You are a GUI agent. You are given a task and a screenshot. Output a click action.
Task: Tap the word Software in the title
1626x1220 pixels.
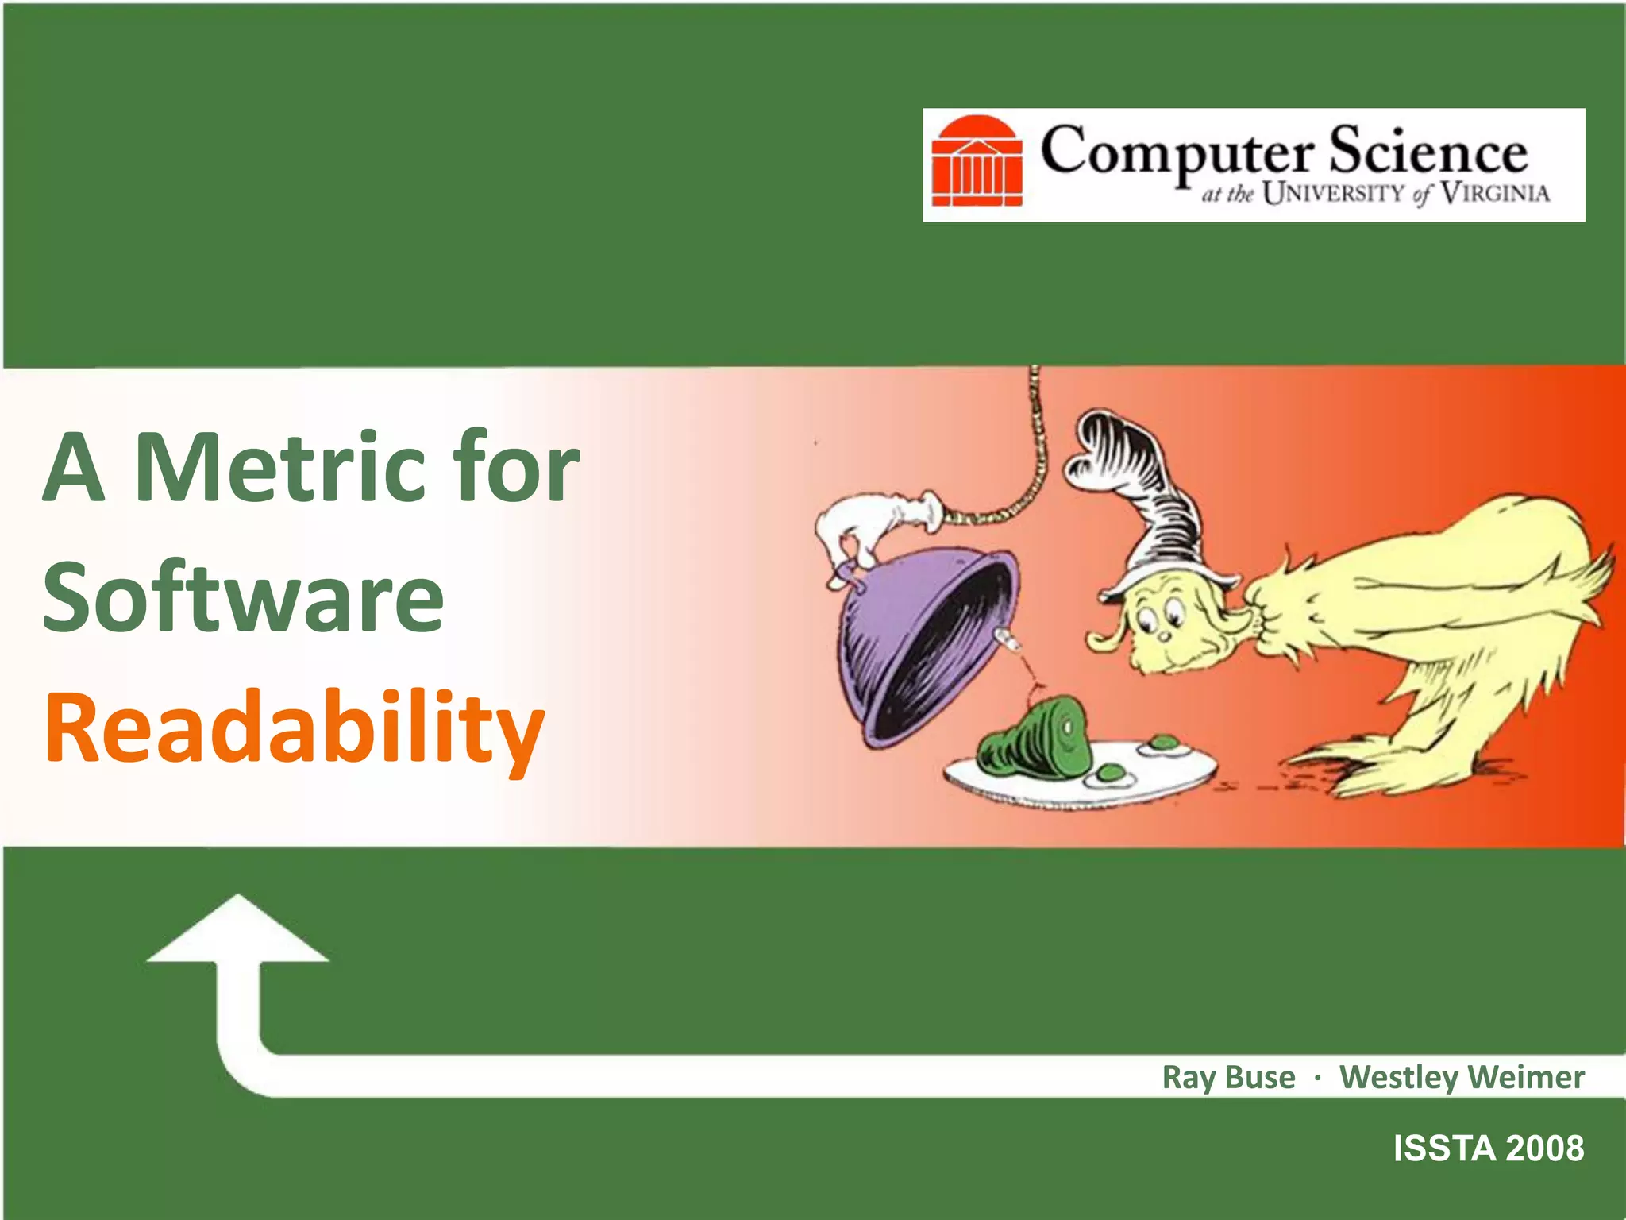pos(243,597)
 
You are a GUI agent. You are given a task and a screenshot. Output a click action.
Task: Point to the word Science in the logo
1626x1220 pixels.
pos(1428,151)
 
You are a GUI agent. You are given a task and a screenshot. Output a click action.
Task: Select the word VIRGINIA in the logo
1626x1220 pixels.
pos(1495,193)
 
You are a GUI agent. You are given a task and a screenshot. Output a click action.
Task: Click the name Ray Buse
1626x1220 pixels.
pos(1228,1078)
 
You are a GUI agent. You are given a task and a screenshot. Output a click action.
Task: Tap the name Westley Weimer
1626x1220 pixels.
pos(1462,1078)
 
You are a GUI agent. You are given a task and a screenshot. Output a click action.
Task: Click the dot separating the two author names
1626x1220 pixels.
pos(1317,1079)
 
